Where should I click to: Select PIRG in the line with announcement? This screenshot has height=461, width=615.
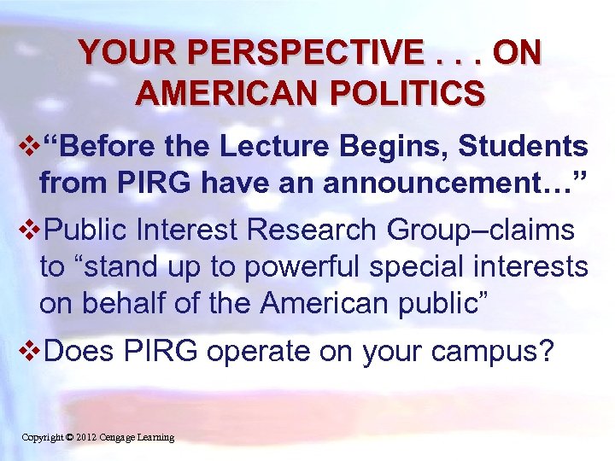pos(150,182)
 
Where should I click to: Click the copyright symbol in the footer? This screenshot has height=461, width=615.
pos(68,437)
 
